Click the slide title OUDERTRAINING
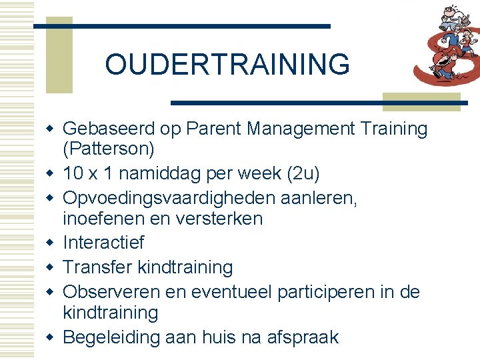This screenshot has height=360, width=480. tap(227, 65)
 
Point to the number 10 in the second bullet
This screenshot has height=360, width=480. tap(73, 173)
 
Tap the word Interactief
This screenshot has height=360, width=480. tap(103, 243)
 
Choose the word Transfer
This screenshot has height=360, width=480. tap(97, 267)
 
